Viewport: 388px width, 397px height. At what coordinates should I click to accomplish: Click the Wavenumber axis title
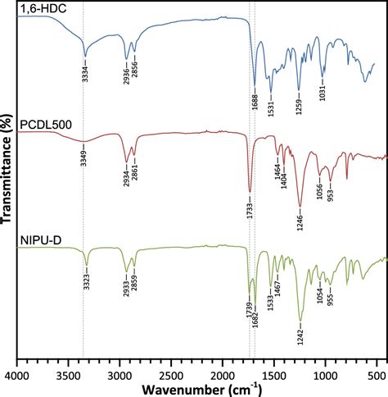pyautogui.click(x=196, y=387)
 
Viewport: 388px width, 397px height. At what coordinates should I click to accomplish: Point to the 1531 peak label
pyautogui.click(x=271, y=102)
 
